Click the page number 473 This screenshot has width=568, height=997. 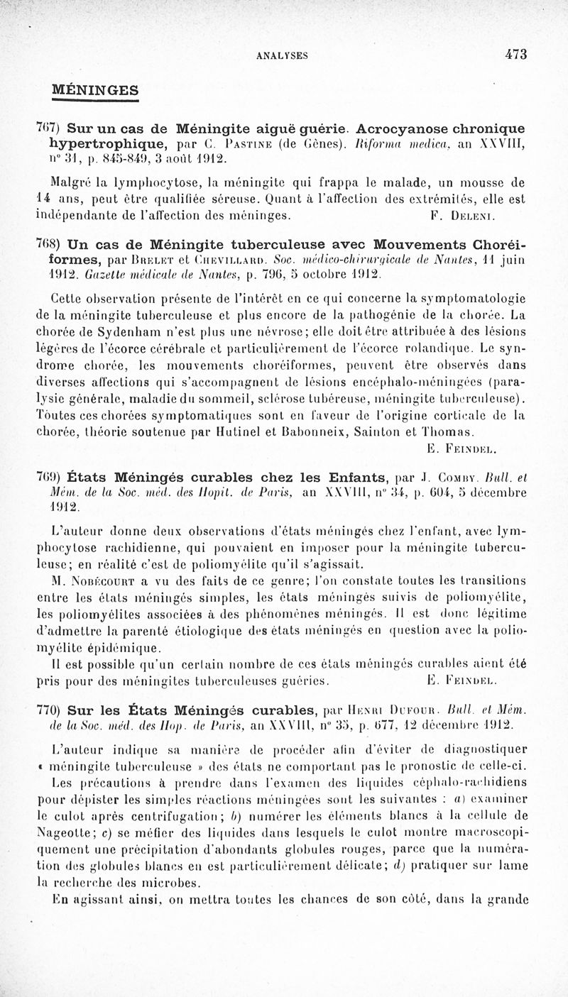point(516,54)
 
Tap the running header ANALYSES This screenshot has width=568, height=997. point(282,55)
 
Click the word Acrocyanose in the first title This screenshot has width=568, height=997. point(401,128)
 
